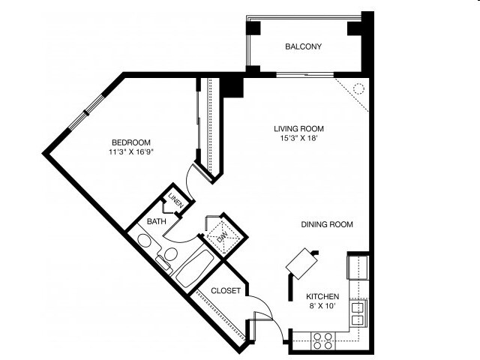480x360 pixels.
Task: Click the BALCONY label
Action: pyautogui.click(x=303, y=47)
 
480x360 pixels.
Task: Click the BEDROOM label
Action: pyautogui.click(x=131, y=142)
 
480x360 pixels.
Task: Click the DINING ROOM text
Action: pyautogui.click(x=326, y=224)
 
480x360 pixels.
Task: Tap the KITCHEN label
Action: pyautogui.click(x=322, y=297)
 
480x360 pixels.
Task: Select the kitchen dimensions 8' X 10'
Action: pyautogui.click(x=322, y=307)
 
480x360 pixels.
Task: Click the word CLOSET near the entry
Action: pyautogui.click(x=224, y=291)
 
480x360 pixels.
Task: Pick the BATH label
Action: pyautogui.click(x=156, y=222)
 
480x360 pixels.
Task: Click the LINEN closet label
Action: pyautogui.click(x=175, y=202)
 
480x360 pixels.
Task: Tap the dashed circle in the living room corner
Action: pyautogui.click(x=358, y=88)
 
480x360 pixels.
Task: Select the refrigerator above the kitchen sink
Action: pyautogui.click(x=358, y=266)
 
